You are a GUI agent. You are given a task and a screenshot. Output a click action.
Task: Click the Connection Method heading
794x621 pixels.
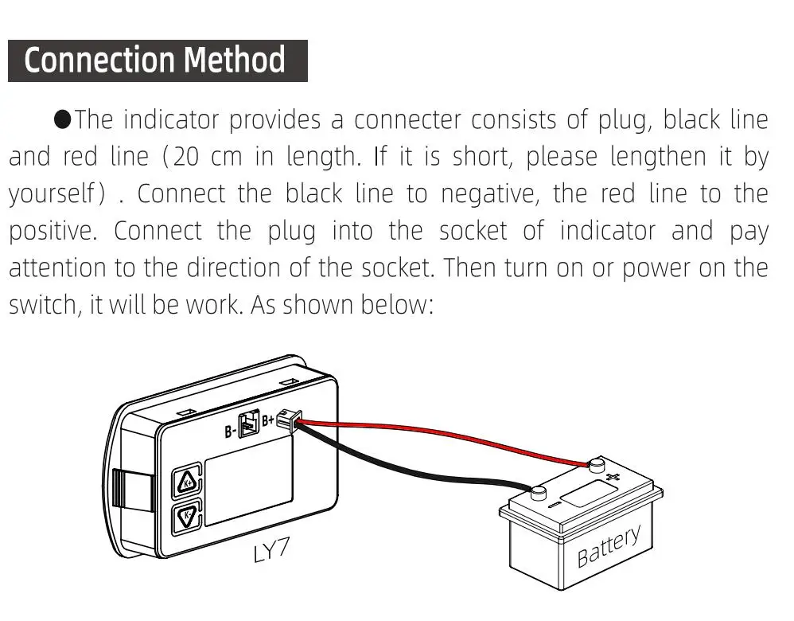click(x=155, y=61)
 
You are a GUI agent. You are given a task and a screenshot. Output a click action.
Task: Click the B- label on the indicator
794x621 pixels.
click(x=231, y=432)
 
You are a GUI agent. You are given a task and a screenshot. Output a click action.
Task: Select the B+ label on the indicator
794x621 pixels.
click(x=268, y=419)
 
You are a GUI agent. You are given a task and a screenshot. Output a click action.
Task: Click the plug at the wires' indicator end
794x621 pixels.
click(x=286, y=421)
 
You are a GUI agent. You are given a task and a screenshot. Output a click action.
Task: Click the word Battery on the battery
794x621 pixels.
click(x=609, y=545)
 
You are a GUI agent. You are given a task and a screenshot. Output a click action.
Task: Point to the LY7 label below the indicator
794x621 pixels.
click(x=272, y=550)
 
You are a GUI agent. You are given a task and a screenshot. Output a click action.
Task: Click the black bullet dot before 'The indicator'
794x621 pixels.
click(x=63, y=119)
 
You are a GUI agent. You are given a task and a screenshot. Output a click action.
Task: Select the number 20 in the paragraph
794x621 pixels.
click(x=186, y=156)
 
